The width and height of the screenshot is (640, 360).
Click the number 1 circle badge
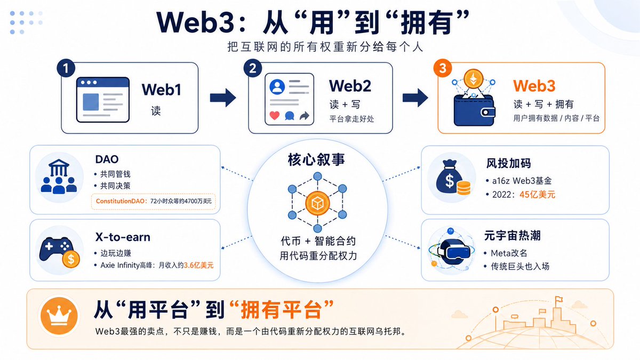66,68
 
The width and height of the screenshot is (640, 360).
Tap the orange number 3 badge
443,68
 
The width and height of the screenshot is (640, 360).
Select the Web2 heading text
350,86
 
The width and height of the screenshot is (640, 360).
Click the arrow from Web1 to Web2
223,98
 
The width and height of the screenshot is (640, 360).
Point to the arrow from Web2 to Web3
415,98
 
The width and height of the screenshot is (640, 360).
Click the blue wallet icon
474,110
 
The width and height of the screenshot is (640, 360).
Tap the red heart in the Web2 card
275,116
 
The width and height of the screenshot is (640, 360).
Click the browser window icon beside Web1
103,100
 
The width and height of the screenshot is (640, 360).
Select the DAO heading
107,159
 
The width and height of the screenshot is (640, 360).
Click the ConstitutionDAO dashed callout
154,202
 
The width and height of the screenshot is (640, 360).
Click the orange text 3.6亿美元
198,266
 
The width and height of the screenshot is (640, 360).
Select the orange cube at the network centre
317,203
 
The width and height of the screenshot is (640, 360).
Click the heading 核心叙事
316,159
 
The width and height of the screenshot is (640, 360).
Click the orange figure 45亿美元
537,195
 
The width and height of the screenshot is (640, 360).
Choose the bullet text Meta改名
509,253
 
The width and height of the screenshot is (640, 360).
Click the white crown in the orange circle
59,315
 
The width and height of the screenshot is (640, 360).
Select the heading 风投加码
509,163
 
